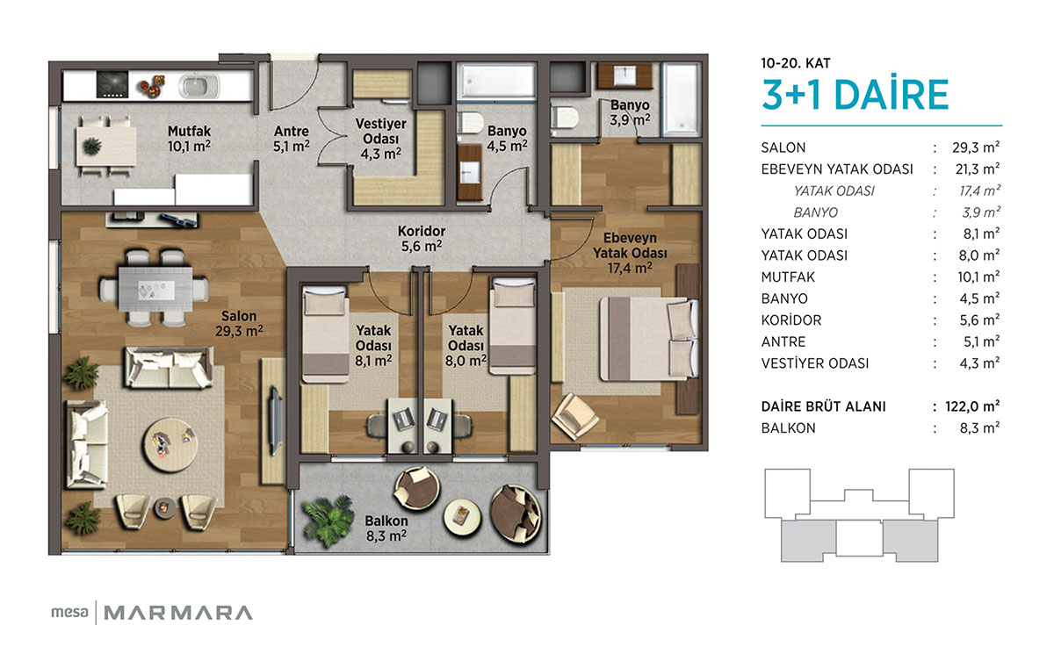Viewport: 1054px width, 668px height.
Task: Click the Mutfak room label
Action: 189,138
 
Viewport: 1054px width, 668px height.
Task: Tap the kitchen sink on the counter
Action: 199,87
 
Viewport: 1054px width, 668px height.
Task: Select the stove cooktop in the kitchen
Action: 112,84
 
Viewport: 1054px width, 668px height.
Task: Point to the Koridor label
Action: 422,239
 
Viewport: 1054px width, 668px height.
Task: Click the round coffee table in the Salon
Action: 170,444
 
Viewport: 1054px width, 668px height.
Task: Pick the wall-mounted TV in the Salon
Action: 275,420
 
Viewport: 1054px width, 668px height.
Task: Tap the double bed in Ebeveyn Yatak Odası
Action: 648,339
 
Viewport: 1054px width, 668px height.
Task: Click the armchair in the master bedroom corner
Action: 574,416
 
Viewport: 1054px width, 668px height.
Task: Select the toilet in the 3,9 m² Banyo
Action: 564,118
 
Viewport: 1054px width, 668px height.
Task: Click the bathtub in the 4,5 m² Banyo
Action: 496,82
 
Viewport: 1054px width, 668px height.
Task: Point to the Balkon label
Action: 386,528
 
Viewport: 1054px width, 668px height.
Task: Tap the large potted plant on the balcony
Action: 328,521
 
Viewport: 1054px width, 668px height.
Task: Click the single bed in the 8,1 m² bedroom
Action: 326,334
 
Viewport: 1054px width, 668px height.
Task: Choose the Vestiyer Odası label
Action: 380,139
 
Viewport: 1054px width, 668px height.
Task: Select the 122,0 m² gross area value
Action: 972,406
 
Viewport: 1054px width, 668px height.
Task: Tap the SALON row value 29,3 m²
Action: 976,147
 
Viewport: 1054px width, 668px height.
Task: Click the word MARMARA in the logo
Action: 178,613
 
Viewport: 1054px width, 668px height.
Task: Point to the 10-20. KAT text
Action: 796,63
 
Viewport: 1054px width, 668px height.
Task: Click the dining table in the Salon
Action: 155,289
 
